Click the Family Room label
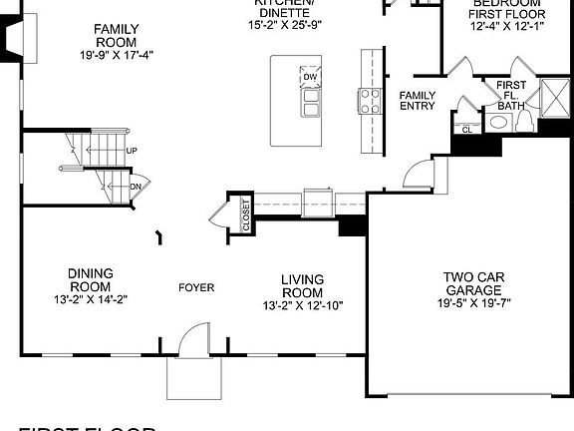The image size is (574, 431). pos(117,37)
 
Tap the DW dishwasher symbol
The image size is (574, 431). pos(310,77)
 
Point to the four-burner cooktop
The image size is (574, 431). pos(371,100)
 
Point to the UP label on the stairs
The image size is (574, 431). pos(131,151)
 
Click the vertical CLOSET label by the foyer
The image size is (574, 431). pos(246,215)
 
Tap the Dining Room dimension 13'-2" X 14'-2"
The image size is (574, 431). pos(91,298)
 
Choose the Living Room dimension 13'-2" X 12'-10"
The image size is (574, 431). pos(302,305)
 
